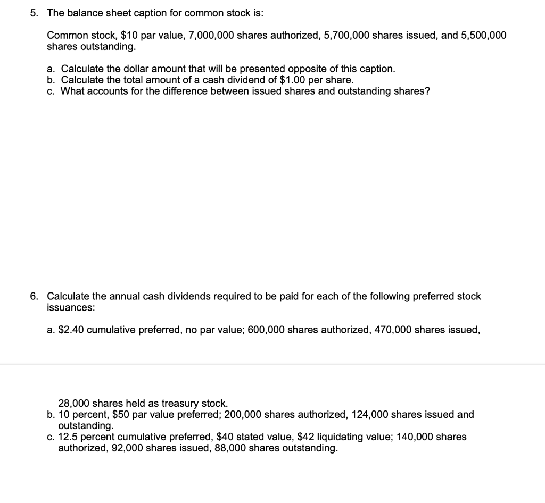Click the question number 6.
click(33, 296)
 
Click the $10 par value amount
click(130, 36)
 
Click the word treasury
click(179, 404)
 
